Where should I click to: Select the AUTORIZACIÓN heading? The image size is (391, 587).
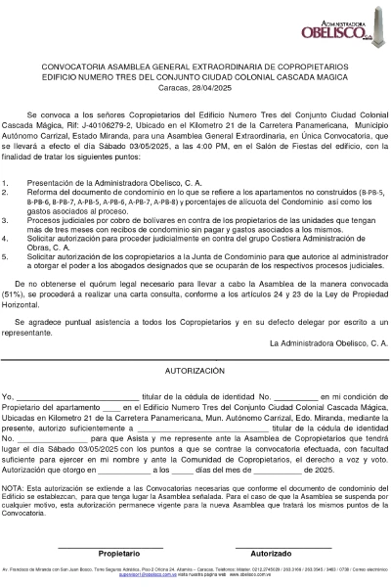tap(195, 372)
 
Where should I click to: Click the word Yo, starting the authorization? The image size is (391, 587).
tap(8, 394)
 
